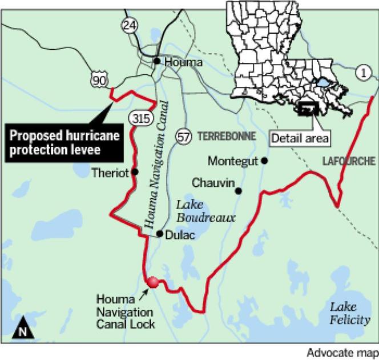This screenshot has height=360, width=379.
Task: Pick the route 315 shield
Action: coord(139,119)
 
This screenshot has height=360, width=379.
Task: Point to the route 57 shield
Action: coord(183,135)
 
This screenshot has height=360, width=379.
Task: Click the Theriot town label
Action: coord(110,171)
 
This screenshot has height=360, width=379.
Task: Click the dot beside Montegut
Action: coord(265,161)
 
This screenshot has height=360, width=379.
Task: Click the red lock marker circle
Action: coord(153,282)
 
